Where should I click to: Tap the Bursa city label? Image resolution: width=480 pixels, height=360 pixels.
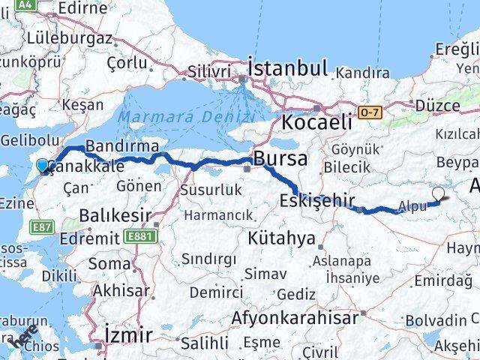click(x=280, y=159)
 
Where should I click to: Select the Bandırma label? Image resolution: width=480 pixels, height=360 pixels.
click(x=121, y=145)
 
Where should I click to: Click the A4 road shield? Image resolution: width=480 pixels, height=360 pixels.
click(x=25, y=4)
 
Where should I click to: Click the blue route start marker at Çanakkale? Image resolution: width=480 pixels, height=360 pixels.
click(x=43, y=166)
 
